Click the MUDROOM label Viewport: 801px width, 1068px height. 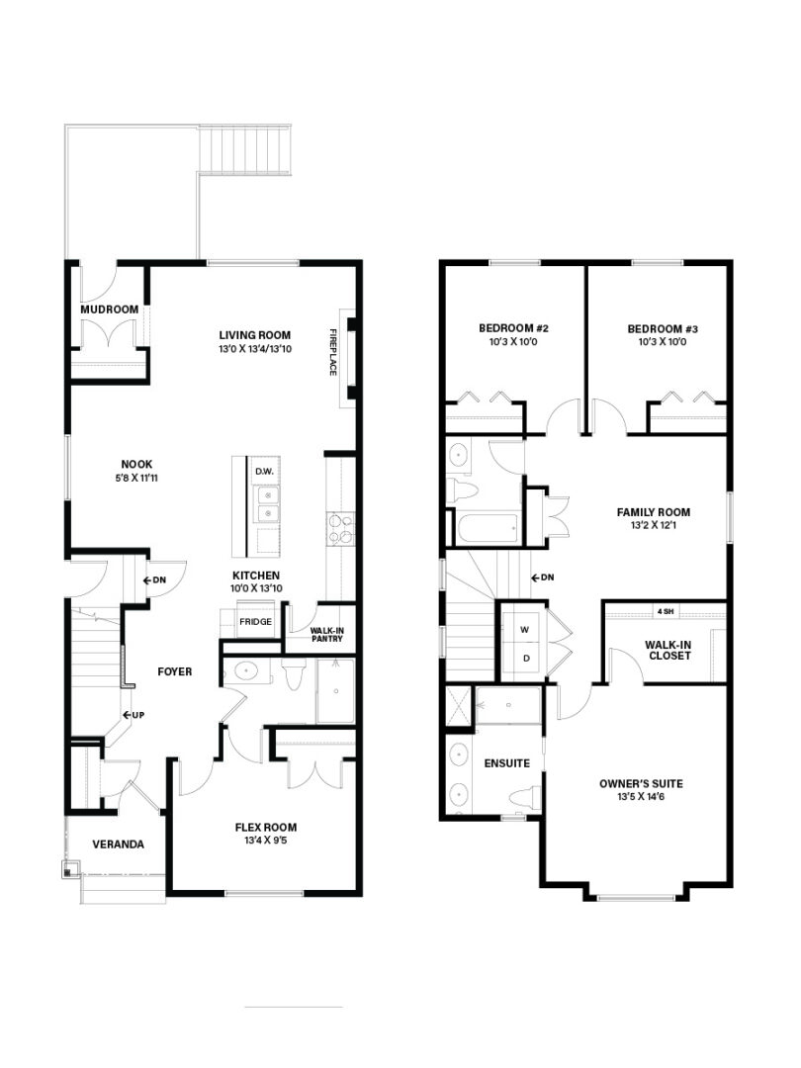coord(110,310)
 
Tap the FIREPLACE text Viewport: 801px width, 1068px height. coord(333,352)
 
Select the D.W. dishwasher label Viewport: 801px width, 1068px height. coord(264,472)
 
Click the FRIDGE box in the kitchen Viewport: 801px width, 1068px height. coord(255,621)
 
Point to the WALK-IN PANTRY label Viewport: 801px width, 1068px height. coord(327,635)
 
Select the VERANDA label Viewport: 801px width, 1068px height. coord(119,845)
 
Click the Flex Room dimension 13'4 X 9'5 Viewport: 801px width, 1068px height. coord(266,841)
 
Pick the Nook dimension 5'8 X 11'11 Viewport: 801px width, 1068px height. coord(136,478)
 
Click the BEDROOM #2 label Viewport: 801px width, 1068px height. coord(513,328)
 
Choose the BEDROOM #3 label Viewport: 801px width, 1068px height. coord(663,329)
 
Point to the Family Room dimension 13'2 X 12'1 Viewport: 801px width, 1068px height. coord(654,525)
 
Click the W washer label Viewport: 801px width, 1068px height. coord(524,630)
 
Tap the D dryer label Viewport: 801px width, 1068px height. coord(526,659)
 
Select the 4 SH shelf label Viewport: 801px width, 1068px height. coord(665,612)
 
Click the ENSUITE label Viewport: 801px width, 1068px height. coord(507,763)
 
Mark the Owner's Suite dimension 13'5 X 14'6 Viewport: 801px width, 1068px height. coord(641,796)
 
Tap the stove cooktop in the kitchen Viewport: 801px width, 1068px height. coord(341,529)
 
